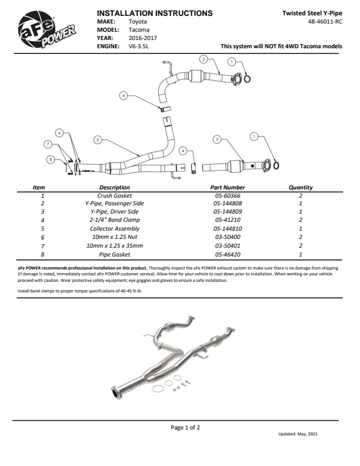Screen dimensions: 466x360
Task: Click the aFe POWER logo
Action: pyautogui.click(x=47, y=33)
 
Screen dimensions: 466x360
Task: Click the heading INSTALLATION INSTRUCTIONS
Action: pyautogui.click(x=154, y=12)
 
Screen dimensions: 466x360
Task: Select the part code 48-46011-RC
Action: pyautogui.click(x=325, y=21)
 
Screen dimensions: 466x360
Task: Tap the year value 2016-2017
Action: pyautogui.click(x=142, y=37)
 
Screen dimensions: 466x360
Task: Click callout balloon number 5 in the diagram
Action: pyautogui.click(x=98, y=139)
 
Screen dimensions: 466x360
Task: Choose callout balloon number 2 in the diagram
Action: pyautogui.click(x=203, y=59)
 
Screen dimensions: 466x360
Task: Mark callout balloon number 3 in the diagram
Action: pyautogui.click(x=217, y=139)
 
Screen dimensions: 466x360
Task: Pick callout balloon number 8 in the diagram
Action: pyautogui.click(x=51, y=159)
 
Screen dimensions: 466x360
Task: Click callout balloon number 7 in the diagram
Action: pyautogui.click(x=48, y=144)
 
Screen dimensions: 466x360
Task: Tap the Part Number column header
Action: pyautogui.click(x=226, y=188)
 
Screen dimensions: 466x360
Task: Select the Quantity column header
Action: pyautogui.click(x=300, y=188)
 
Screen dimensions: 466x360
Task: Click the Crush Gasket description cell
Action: pyautogui.click(x=115, y=195)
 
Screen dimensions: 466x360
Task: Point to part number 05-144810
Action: pyautogui.click(x=227, y=229)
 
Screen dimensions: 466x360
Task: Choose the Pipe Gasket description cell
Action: pyautogui.click(x=115, y=254)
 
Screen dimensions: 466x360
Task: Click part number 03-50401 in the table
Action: pyautogui.click(x=227, y=246)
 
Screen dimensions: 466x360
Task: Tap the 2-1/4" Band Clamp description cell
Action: pyautogui.click(x=115, y=221)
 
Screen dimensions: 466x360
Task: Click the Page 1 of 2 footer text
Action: pyautogui.click(x=185, y=428)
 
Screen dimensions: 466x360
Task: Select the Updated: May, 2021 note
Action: pyautogui.click(x=298, y=434)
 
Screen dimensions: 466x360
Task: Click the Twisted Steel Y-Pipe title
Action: pyautogui.click(x=312, y=12)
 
